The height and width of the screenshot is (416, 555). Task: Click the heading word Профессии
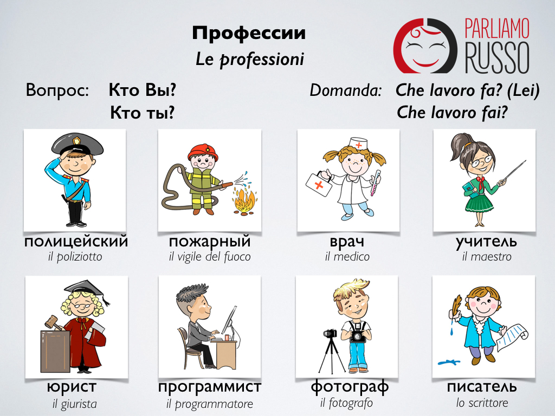(x=249, y=33)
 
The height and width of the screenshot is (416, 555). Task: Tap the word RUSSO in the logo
(x=498, y=58)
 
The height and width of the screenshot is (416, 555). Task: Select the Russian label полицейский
(x=76, y=242)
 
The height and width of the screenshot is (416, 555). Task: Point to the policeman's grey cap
(x=78, y=143)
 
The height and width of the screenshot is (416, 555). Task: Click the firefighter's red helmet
(x=203, y=152)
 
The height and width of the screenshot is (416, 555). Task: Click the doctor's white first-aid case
(x=319, y=184)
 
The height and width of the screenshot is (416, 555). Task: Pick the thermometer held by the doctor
(x=375, y=183)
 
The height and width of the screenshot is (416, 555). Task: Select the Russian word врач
(x=347, y=242)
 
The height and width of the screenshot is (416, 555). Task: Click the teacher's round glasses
(x=483, y=160)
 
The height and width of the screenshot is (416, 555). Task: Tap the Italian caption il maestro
(x=487, y=256)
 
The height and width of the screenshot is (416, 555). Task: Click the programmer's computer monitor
(x=229, y=320)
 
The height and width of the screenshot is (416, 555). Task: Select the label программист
(x=210, y=387)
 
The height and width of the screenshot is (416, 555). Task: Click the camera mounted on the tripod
(x=330, y=333)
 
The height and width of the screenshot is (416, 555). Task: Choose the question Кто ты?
(x=143, y=113)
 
